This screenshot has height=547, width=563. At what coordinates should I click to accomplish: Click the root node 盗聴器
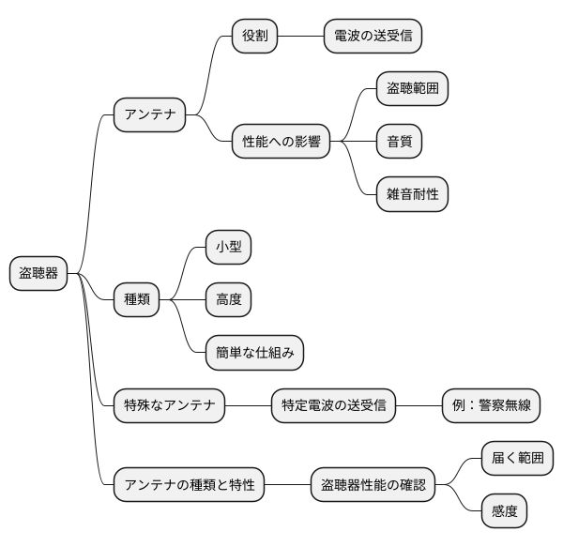pyautogui.click(x=38, y=273)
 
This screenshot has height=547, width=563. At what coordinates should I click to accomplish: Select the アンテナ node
pyautogui.click(x=149, y=115)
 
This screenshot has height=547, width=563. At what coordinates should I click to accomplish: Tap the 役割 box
pyautogui.click(x=256, y=37)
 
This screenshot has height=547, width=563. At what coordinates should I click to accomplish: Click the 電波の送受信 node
pyautogui.click(x=372, y=37)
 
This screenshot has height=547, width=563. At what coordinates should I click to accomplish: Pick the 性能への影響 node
pyautogui.click(x=281, y=143)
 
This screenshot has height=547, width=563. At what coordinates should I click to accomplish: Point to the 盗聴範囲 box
pyautogui.click(x=412, y=89)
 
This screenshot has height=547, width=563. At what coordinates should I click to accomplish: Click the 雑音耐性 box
pyautogui.click(x=412, y=194)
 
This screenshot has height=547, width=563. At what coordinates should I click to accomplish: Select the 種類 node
pyautogui.click(x=136, y=300)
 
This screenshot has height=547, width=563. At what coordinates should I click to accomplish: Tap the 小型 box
pyautogui.click(x=229, y=248)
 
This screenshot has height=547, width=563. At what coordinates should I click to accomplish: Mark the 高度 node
pyautogui.click(x=229, y=300)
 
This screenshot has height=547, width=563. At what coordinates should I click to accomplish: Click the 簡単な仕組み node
pyautogui.click(x=255, y=353)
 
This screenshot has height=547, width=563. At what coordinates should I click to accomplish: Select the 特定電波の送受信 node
pyautogui.click(x=333, y=406)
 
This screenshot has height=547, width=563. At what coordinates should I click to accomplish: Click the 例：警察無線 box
pyautogui.click(x=491, y=406)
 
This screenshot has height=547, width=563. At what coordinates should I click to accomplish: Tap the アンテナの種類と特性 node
pyautogui.click(x=189, y=485)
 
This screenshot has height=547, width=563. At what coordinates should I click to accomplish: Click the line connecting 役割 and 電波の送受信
pyautogui.click(x=301, y=37)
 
